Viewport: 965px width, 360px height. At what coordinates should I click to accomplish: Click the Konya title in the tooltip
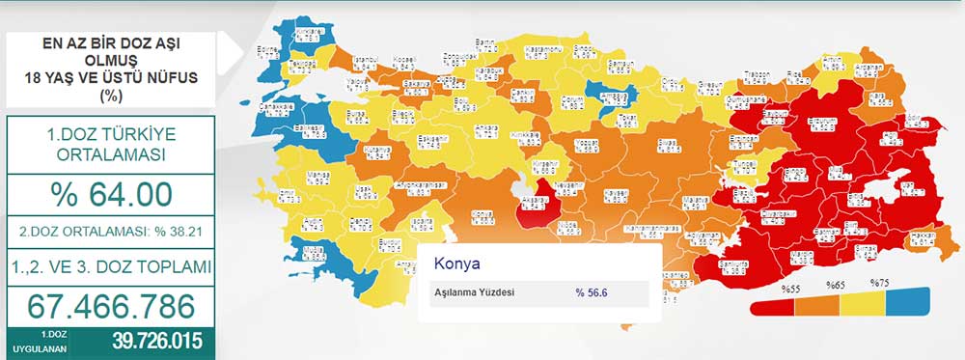[x=456, y=263]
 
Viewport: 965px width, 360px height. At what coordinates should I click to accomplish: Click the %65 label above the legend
[x=836, y=285]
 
